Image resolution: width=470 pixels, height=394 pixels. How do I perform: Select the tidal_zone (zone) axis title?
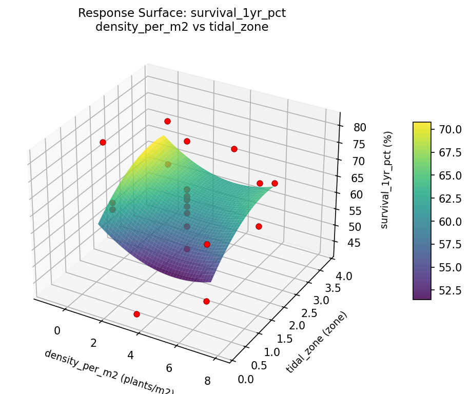coord(317,342)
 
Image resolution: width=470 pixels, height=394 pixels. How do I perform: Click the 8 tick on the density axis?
coord(207,381)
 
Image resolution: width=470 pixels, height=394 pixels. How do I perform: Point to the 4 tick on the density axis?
coord(131,355)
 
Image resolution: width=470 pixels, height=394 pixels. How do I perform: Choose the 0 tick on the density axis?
coord(57,331)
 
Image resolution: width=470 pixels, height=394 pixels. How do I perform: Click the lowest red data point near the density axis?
coord(136,314)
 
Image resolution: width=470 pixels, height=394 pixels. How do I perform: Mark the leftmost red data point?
coord(103,142)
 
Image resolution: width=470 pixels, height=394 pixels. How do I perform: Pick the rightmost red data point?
coord(275,183)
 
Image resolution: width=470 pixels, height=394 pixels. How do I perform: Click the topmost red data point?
coord(167,121)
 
